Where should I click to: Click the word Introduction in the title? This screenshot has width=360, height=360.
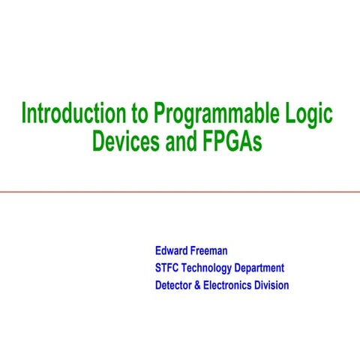[x=74, y=114]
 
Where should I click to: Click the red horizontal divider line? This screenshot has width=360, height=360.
[x=180, y=192]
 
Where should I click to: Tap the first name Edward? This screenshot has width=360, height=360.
[x=172, y=250]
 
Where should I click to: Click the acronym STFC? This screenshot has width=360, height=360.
[x=168, y=268]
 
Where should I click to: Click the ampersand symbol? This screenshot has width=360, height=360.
[x=198, y=285]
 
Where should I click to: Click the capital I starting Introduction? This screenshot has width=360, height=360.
[x=24, y=114]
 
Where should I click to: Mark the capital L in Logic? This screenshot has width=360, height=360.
[x=291, y=114]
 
